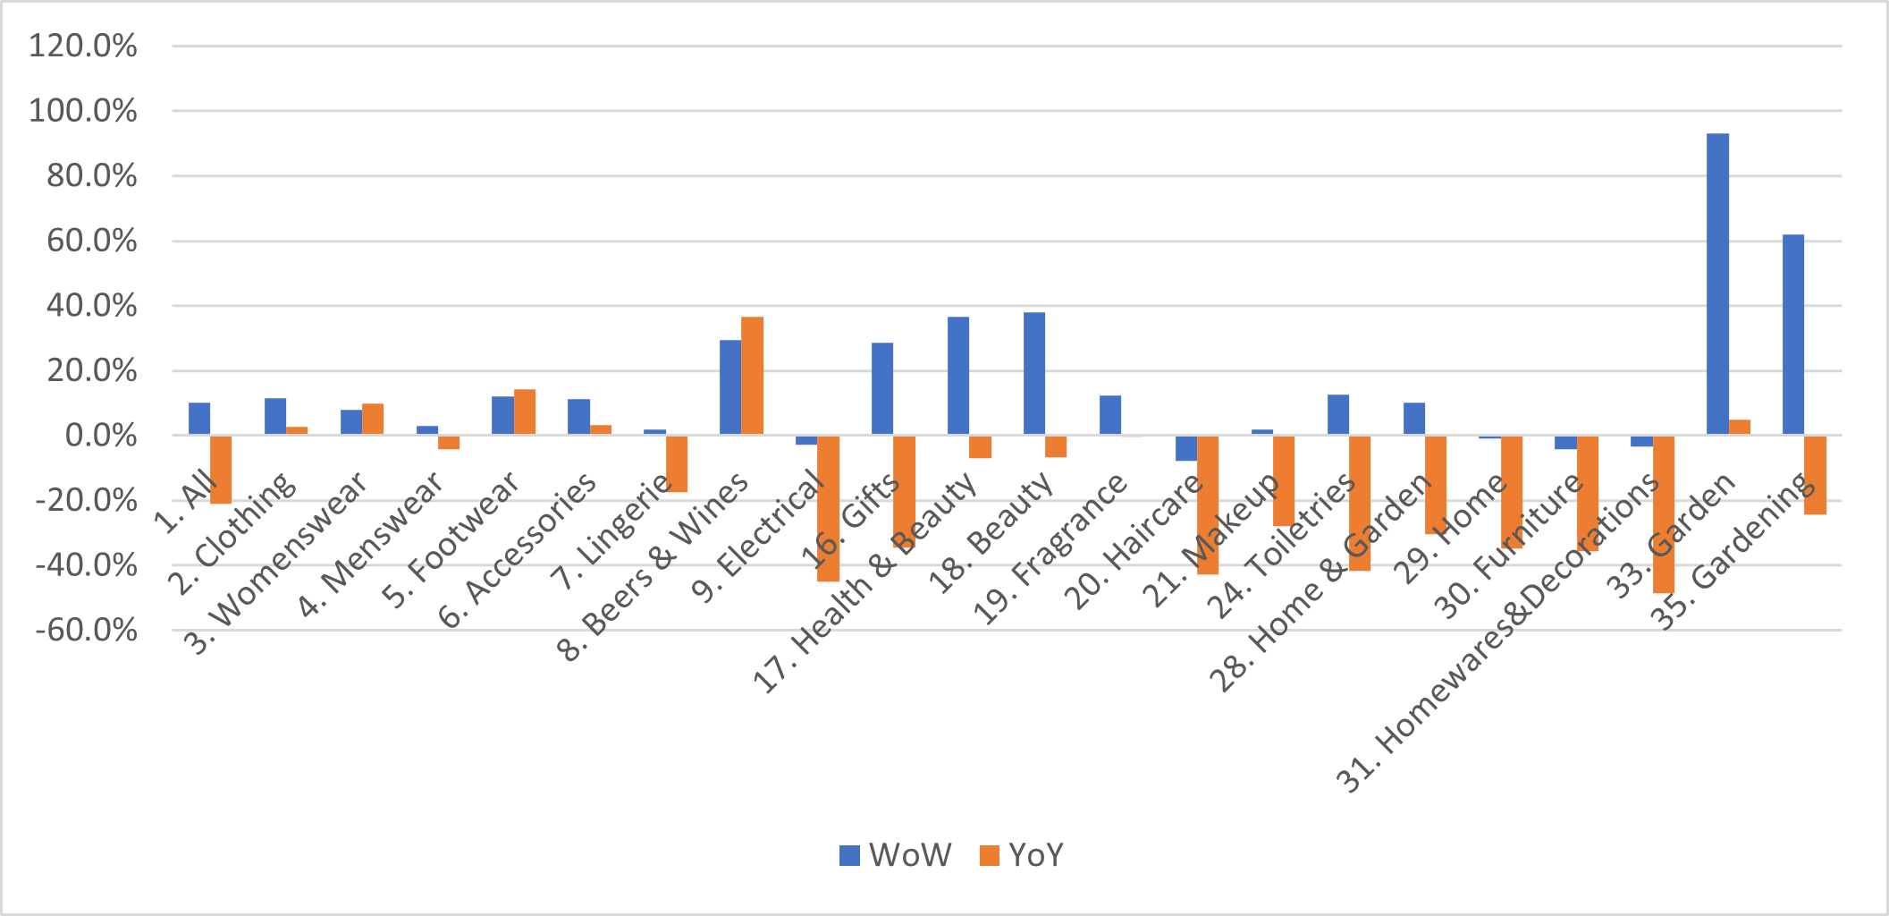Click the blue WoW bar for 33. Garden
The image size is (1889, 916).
pos(1717,284)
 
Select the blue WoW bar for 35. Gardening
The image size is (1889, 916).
pos(1793,335)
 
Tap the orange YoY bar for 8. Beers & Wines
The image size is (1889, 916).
pos(752,376)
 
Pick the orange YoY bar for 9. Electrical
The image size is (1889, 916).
pos(828,508)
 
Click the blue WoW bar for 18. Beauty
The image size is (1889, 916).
pos(1034,374)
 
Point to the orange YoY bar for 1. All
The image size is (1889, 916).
pos(221,469)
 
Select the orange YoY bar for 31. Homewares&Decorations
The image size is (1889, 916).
pos(1663,513)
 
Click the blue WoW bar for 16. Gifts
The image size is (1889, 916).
pos(882,389)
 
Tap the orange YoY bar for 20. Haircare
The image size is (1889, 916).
pos(1208,505)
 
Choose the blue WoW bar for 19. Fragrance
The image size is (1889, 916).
pos(1110,415)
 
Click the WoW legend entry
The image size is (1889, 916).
pos(895,855)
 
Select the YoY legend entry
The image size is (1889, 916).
pos(1022,855)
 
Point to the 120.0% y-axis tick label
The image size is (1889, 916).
pos(83,46)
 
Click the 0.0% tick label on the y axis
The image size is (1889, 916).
pos(100,436)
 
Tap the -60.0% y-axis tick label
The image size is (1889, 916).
pos(87,631)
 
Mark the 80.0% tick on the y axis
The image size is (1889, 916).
pos(92,176)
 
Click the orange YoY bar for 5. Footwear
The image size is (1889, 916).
pos(525,412)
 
